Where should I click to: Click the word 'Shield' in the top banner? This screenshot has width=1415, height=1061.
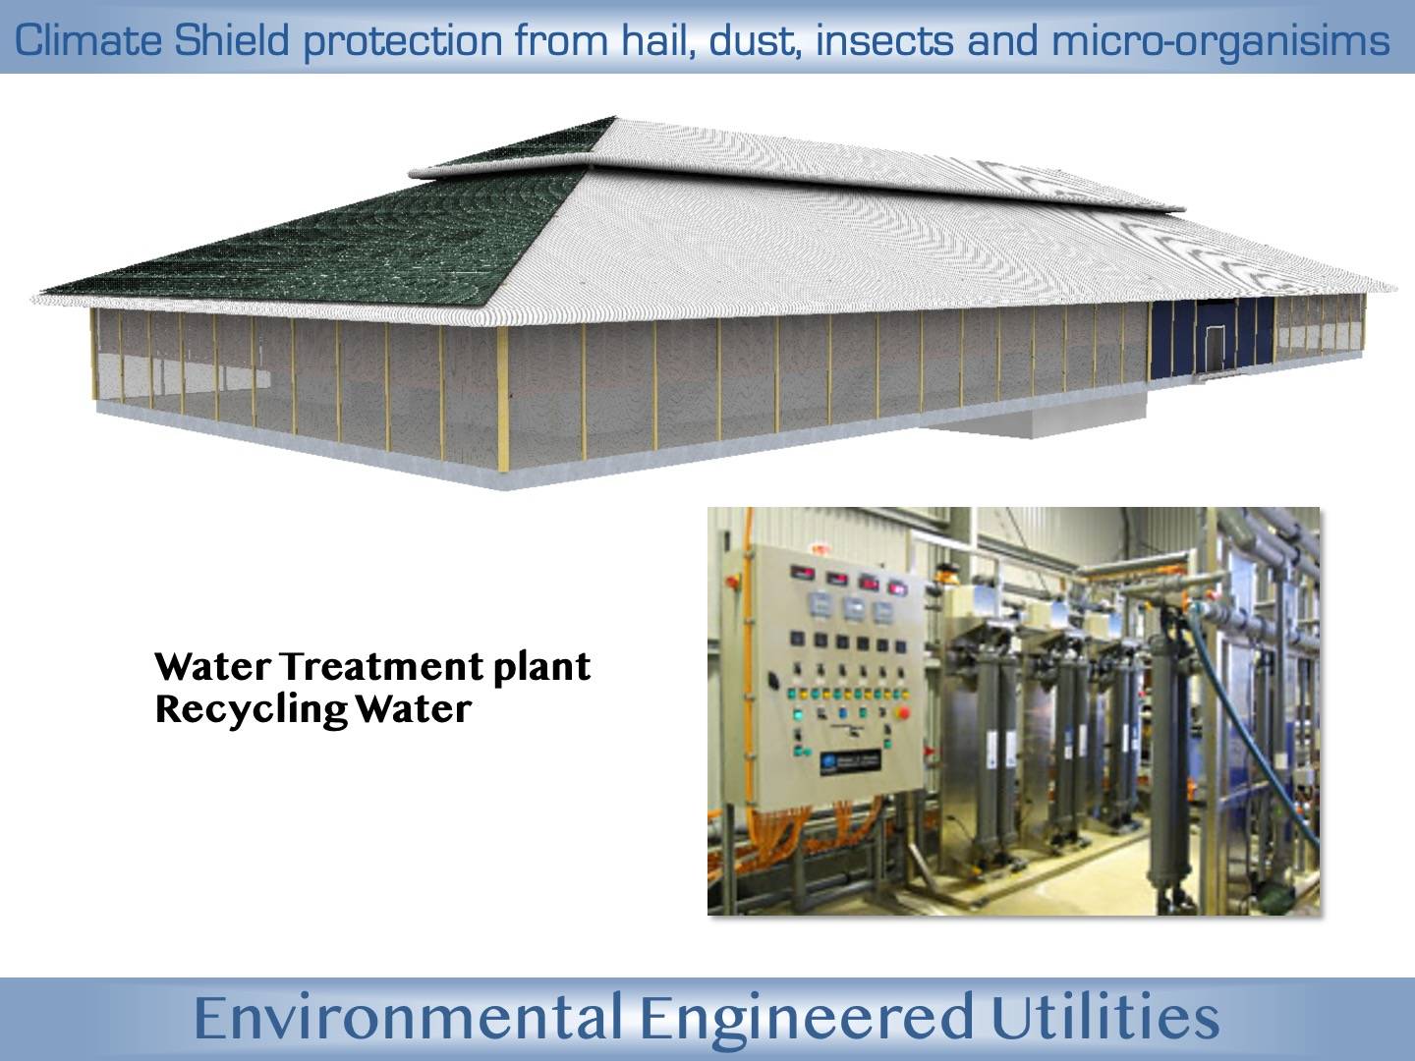pyautogui.click(x=232, y=40)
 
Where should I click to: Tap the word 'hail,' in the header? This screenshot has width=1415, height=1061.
pyautogui.click(x=658, y=41)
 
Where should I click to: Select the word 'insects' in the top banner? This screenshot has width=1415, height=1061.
pyautogui.click(x=884, y=40)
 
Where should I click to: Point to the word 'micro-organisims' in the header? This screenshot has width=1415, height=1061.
pyautogui.click(x=1220, y=42)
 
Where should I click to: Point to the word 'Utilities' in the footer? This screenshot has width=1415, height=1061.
pyautogui.click(x=1105, y=1017)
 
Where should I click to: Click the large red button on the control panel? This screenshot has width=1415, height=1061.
pyautogui.click(x=903, y=712)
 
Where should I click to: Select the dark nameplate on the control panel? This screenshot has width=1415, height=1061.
pyautogui.click(x=850, y=762)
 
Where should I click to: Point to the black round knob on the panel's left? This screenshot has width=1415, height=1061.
pyautogui.click(x=773, y=679)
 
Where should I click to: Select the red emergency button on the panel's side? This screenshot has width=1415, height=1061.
pyautogui.click(x=732, y=583)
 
